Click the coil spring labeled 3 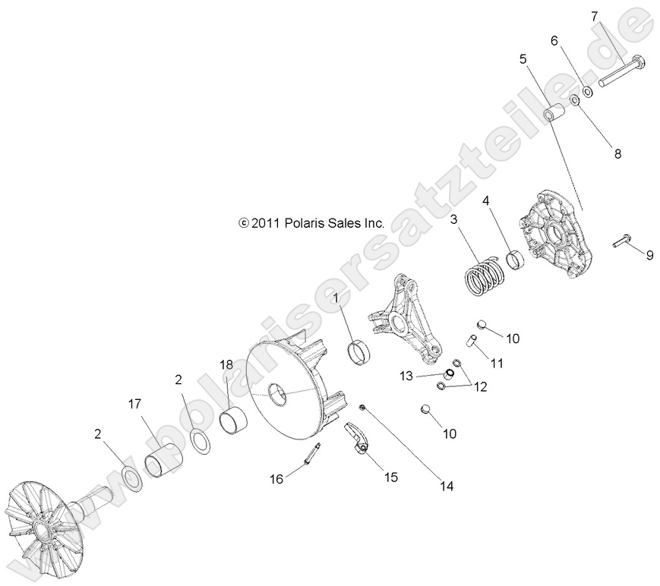pyautogui.click(x=484, y=277)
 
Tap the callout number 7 pyautogui.click(x=594, y=16)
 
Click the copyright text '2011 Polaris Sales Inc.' pyautogui.click(x=311, y=223)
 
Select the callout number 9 pyautogui.click(x=649, y=255)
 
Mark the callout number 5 pyautogui.click(x=523, y=58)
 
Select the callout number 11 pyautogui.click(x=497, y=364)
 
